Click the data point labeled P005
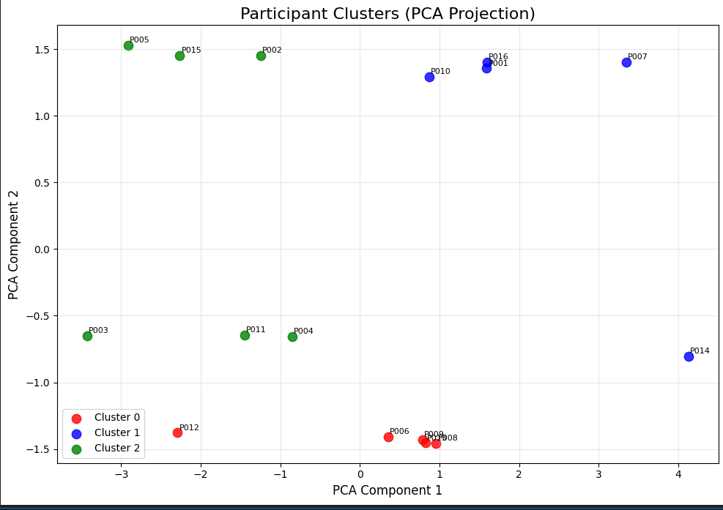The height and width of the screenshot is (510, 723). [128, 45]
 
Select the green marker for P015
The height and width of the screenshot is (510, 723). [179, 56]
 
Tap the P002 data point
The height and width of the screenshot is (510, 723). [261, 56]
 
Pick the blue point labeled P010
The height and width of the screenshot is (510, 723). [429, 77]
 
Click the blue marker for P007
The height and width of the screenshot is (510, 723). [626, 62]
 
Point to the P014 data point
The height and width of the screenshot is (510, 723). [689, 356]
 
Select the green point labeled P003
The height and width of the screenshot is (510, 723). [87, 336]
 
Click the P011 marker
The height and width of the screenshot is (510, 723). [245, 335]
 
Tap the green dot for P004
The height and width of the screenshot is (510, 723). [292, 337]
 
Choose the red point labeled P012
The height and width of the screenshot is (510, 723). [177, 432]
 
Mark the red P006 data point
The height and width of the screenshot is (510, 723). [388, 437]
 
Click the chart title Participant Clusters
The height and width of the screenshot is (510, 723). [388, 14]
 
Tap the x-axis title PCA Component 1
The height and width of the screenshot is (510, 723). [388, 490]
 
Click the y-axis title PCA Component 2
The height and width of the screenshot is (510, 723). [14, 244]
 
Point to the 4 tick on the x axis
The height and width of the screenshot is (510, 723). [678, 473]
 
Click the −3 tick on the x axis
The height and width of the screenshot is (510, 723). [122, 473]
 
